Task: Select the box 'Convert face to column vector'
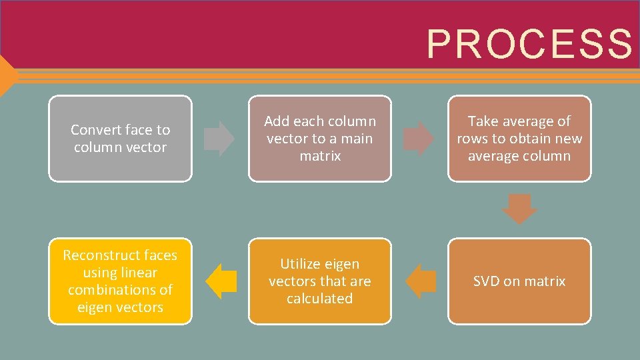[x=120, y=139]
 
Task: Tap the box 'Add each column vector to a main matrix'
[x=320, y=139]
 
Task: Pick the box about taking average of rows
[x=519, y=139]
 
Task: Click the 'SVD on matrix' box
[x=519, y=281]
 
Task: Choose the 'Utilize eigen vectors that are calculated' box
[x=320, y=281]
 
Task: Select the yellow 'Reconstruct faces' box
[x=120, y=281]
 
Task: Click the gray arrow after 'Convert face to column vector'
[x=219, y=139]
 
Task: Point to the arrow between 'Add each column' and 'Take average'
[x=419, y=139]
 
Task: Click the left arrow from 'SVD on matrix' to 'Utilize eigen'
[x=421, y=281]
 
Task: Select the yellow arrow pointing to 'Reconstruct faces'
[x=221, y=281]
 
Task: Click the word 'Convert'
[x=95, y=130]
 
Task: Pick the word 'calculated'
[x=320, y=299]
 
